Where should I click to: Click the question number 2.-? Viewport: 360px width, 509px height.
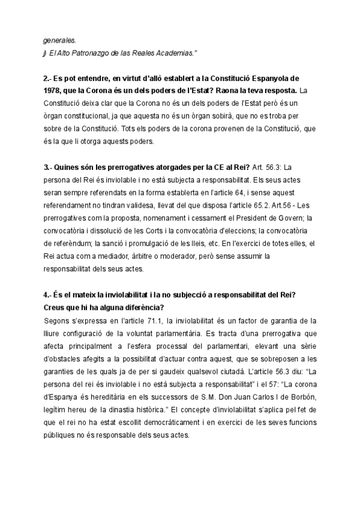pyautogui.click(x=47, y=79)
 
